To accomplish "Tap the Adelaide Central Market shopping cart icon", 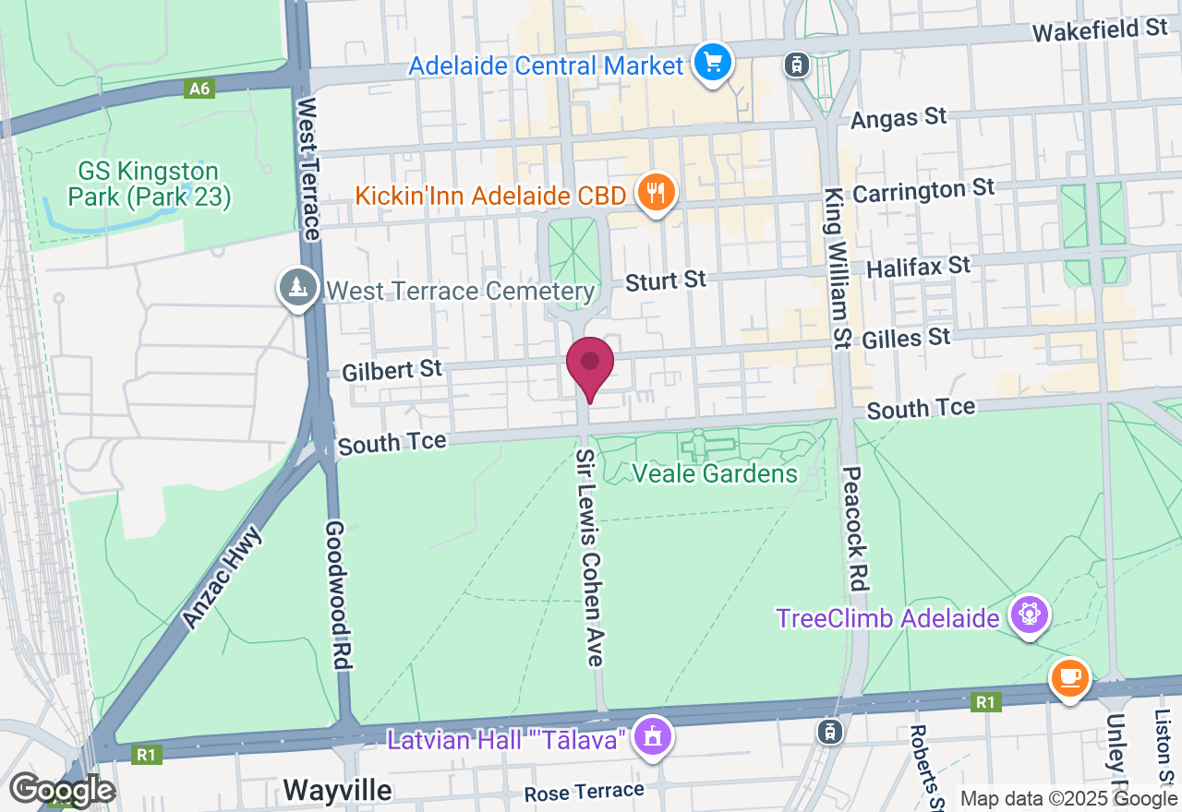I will click(x=713, y=63).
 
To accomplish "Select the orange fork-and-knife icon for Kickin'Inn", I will click(x=657, y=194).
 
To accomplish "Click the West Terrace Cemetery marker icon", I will click(x=298, y=287).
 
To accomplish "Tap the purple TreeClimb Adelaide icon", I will click(x=1029, y=615).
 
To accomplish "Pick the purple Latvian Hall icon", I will click(x=654, y=736).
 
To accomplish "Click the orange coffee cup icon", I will click(x=1069, y=679).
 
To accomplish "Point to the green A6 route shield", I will click(x=199, y=89).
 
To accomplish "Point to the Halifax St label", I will click(x=919, y=268).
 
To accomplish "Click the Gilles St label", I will click(x=906, y=339).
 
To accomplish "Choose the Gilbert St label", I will click(x=392, y=371).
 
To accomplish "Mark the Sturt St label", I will click(x=665, y=281).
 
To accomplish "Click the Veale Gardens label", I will click(x=714, y=474).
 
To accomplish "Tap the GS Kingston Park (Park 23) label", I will click(x=148, y=184).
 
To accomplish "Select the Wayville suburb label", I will click(x=337, y=791).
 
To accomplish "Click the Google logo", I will click(x=62, y=791).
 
